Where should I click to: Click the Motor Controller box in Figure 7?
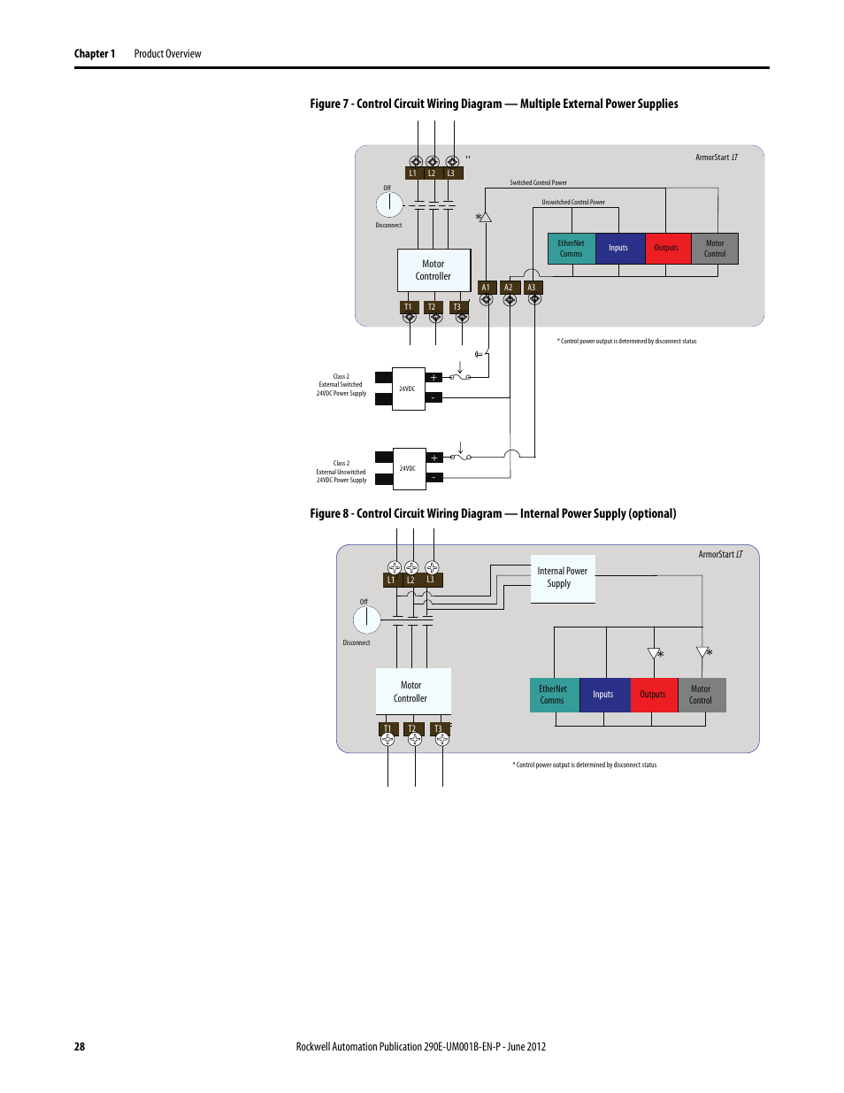click(434, 270)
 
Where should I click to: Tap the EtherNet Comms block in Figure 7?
click(572, 249)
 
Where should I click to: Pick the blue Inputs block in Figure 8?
click(604, 695)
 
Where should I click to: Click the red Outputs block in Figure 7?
click(667, 249)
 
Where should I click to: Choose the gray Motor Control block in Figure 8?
click(702, 695)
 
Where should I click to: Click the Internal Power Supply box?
click(563, 578)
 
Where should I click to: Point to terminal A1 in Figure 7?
click(486, 288)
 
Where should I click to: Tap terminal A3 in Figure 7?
click(532, 288)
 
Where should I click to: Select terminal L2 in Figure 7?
click(432, 173)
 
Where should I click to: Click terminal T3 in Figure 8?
click(438, 729)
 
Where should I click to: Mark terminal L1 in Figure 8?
click(391, 581)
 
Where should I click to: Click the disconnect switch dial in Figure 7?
click(389, 204)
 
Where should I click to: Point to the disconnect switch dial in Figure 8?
click(366, 620)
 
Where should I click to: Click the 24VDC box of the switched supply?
click(408, 389)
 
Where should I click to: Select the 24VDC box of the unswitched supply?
click(408, 469)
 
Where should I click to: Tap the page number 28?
click(80, 1047)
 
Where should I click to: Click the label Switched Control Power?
click(538, 183)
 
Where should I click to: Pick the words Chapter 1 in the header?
click(95, 54)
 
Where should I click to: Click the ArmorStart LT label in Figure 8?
click(720, 555)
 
